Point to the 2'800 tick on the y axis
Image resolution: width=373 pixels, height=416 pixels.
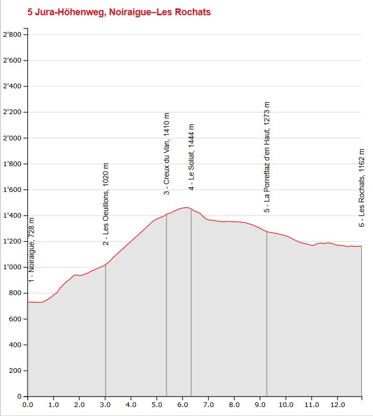click(13, 35)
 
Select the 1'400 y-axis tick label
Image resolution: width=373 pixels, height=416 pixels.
click(13, 216)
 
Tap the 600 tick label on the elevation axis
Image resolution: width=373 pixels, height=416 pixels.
click(16, 319)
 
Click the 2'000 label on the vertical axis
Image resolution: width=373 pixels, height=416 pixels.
click(13, 138)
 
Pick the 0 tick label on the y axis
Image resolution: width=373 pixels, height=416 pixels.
click(18, 397)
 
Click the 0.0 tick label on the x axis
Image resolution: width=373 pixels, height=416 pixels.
click(27, 405)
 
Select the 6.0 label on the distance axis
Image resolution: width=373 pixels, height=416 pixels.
click(182, 405)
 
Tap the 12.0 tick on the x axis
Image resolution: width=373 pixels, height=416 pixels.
click(337, 405)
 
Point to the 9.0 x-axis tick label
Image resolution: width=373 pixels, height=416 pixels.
click(260, 405)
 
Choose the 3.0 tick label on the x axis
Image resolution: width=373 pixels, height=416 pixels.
click(105, 405)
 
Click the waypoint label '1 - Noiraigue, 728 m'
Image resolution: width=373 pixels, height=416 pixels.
click(32, 250)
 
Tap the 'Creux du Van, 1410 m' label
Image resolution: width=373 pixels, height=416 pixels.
click(167, 154)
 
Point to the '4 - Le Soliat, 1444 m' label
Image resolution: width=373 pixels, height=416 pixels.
click(191, 157)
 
